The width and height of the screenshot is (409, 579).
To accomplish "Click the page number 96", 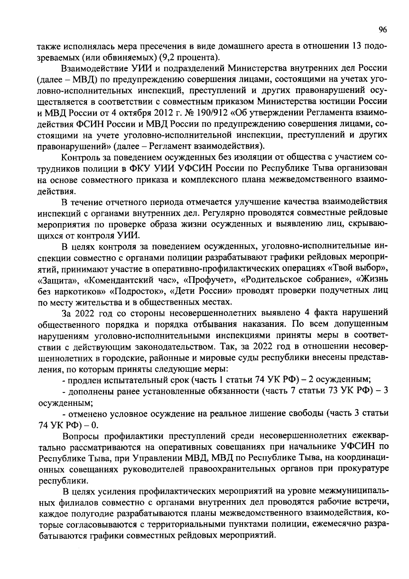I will click(x=382, y=30).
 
